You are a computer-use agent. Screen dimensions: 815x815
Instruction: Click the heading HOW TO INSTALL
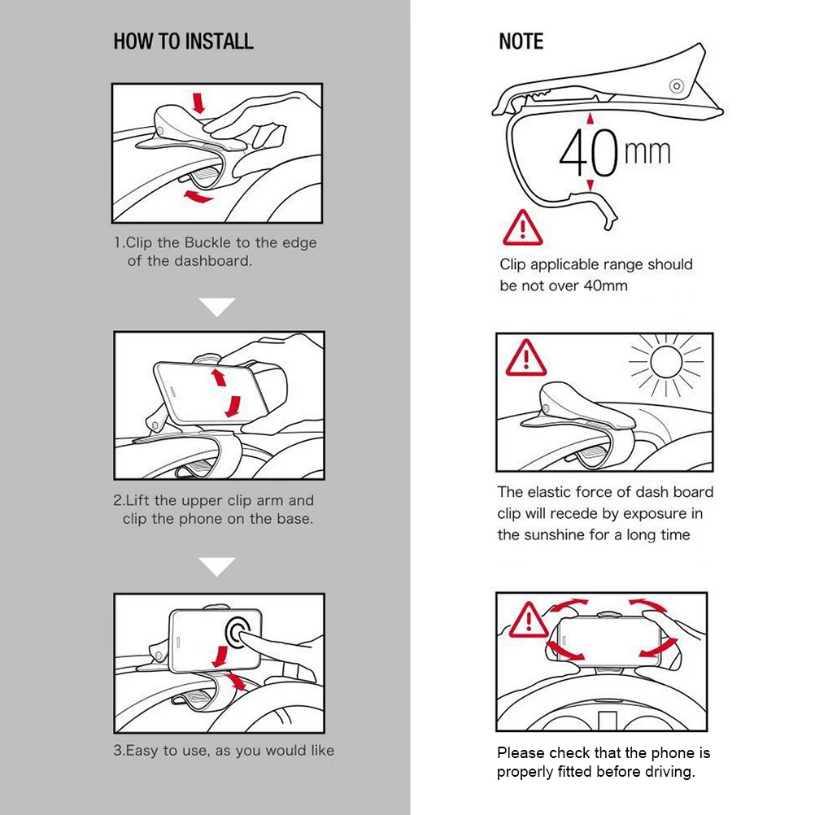184,41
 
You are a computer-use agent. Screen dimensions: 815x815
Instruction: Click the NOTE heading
521,41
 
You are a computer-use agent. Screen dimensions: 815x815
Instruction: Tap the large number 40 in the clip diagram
588,152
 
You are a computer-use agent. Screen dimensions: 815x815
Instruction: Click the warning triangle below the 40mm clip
523,228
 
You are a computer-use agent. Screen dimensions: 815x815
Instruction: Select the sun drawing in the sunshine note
666,362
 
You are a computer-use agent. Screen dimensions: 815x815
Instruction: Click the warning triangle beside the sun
526,358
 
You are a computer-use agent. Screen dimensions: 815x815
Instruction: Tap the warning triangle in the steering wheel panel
529,620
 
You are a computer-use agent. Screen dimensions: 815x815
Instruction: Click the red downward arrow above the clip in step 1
198,102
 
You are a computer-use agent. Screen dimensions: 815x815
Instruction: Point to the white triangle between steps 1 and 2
216,307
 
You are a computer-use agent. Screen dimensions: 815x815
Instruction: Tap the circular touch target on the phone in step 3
239,632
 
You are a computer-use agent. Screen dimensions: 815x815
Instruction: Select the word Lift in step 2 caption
137,500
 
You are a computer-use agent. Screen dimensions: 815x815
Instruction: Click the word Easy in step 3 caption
142,751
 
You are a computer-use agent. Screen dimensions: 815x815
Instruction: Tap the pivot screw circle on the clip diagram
677,85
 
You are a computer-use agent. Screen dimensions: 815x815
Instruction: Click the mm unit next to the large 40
647,152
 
